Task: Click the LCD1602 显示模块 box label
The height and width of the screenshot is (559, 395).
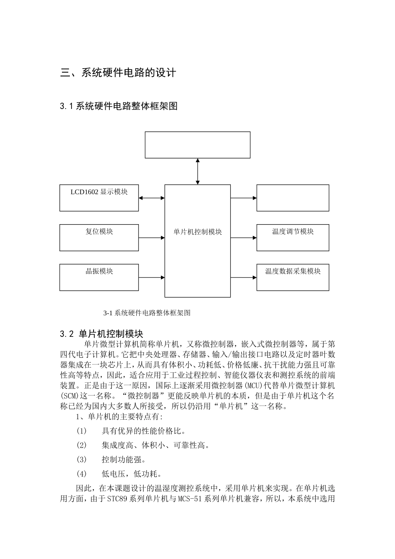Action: click(99, 192)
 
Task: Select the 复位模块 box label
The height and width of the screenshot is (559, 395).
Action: click(99, 231)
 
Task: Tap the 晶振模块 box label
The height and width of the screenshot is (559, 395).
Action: click(99, 271)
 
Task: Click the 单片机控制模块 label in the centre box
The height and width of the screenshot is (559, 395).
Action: click(197, 232)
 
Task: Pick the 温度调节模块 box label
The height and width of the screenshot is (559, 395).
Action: click(293, 231)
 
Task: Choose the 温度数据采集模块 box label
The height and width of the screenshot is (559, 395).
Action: click(293, 271)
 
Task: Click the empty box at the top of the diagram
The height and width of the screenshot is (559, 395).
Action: click(197, 145)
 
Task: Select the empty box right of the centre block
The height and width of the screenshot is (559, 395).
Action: click(293, 198)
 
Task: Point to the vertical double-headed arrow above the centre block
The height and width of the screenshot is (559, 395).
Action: click(197, 171)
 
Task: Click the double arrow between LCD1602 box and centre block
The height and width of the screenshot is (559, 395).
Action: click(152, 198)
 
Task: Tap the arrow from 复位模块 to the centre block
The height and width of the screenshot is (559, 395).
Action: click(152, 238)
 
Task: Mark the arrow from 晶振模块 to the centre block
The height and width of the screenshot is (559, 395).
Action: click(152, 277)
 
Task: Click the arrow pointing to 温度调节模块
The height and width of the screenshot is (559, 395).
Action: click(244, 238)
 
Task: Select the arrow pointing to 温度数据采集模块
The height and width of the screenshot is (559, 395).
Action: click(244, 277)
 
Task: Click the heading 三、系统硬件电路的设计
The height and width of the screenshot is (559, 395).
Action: click(118, 73)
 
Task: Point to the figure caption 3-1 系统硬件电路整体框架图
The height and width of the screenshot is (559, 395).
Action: click(147, 313)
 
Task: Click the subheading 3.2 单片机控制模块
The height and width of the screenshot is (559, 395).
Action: click(101, 334)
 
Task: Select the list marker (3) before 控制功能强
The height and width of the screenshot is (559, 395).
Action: click(81, 460)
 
